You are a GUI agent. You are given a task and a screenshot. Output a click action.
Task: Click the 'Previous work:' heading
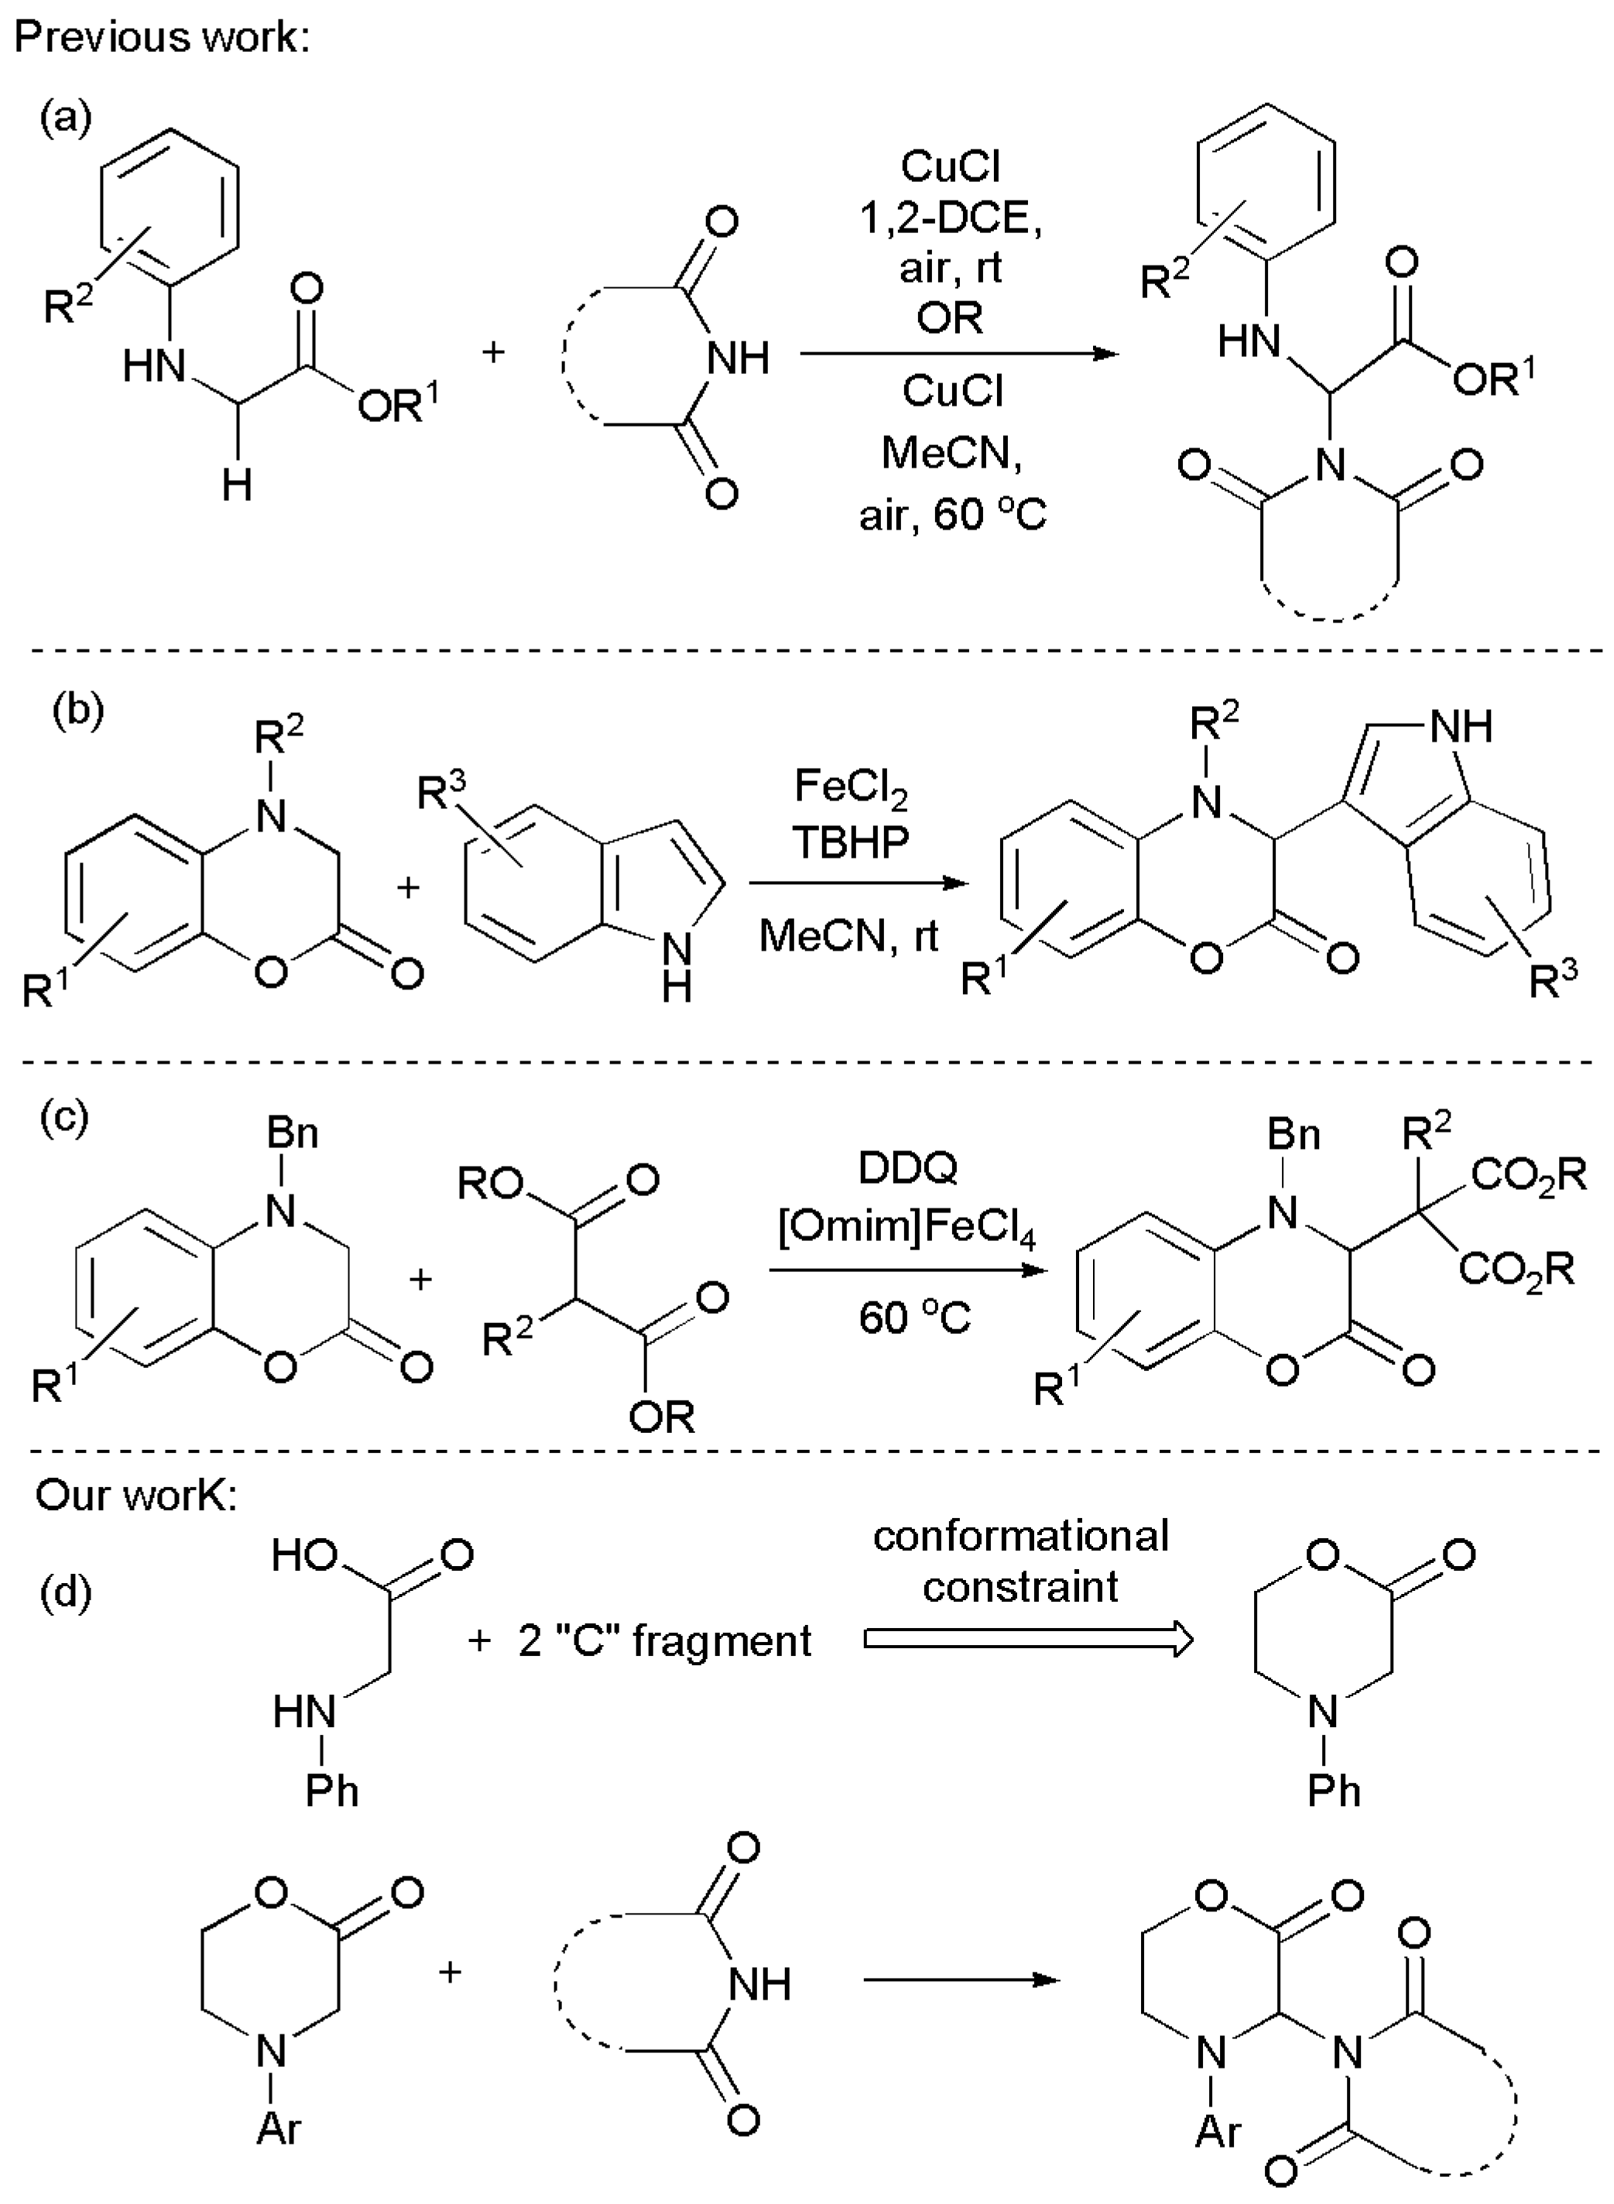(x=161, y=37)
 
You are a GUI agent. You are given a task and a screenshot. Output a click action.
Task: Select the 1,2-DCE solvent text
(x=951, y=218)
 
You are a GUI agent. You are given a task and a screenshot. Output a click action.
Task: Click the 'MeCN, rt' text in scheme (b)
(x=848, y=936)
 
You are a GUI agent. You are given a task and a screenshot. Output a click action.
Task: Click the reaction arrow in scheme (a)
(x=958, y=354)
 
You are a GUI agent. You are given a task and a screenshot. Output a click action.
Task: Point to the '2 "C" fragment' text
(x=664, y=1640)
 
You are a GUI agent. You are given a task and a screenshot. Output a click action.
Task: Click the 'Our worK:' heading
(x=137, y=1496)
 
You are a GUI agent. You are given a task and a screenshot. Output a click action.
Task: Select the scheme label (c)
(x=64, y=1116)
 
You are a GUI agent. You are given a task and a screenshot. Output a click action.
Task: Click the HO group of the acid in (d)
(x=305, y=1554)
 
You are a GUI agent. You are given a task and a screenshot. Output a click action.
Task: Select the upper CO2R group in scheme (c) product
(x=1529, y=1175)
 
